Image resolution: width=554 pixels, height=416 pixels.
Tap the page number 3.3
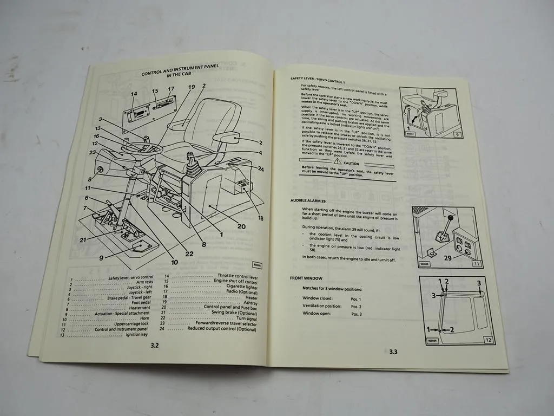point(393,352)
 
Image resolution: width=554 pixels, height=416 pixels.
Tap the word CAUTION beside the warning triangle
point(351,163)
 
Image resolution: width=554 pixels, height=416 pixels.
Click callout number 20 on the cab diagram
point(241,227)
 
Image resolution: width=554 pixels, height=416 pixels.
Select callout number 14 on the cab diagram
point(134,94)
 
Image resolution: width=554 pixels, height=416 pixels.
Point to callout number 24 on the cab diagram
point(260,169)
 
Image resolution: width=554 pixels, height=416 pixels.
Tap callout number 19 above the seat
point(191,87)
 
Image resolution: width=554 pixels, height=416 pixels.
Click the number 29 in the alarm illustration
point(449,259)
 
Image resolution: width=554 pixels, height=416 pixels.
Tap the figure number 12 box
point(487,340)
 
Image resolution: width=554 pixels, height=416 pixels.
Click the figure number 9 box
point(458,135)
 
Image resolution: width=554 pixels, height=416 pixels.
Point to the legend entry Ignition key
point(136,335)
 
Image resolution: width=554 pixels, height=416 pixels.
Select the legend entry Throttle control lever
point(238,277)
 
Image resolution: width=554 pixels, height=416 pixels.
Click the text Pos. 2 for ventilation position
point(357,307)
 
